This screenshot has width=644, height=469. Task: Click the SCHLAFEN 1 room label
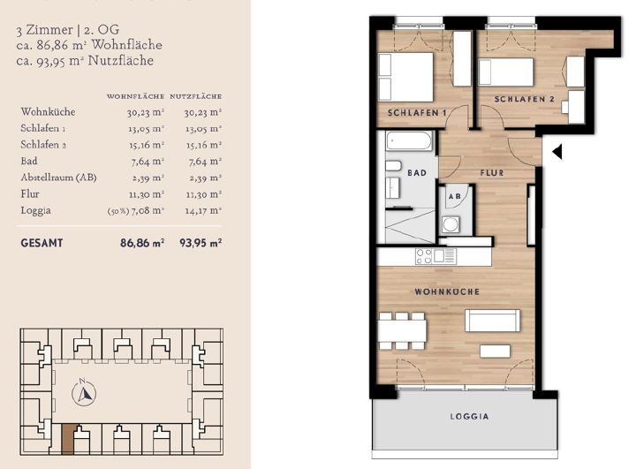[x=417, y=113]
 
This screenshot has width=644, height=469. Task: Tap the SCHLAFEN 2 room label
[x=524, y=99]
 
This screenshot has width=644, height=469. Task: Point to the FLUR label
[x=492, y=172]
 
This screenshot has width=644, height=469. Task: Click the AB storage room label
[x=454, y=197]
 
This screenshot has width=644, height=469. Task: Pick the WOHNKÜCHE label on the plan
[x=447, y=291]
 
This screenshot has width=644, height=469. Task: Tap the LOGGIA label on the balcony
[x=469, y=416]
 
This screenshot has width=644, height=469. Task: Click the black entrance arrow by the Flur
[x=557, y=152]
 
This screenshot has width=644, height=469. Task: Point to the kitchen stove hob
[x=423, y=256]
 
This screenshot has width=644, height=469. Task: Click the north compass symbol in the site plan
[x=84, y=391]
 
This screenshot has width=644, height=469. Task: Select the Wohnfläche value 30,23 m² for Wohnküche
[x=146, y=112]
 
